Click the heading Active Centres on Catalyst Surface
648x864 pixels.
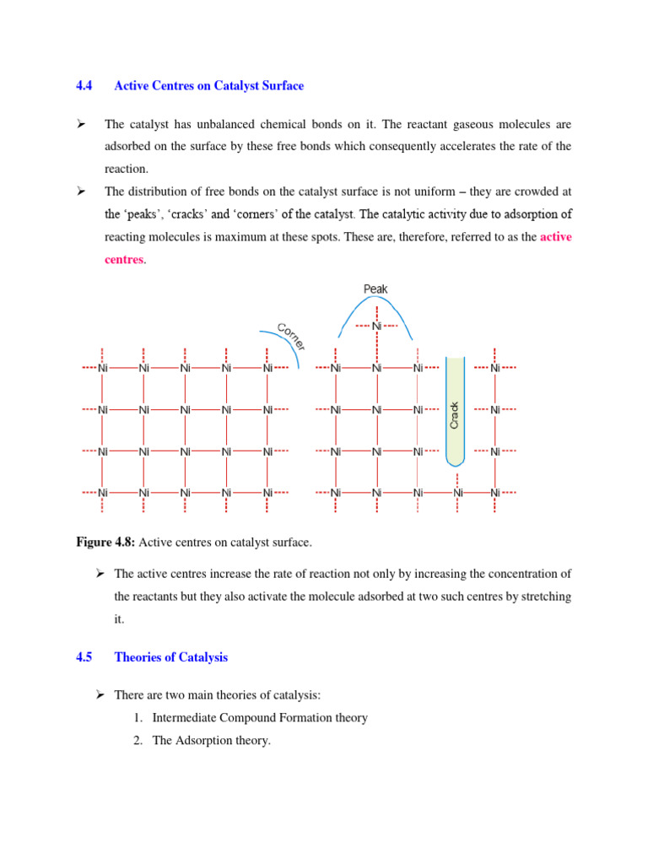208,86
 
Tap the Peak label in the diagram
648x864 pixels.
375,289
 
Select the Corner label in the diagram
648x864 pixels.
291,335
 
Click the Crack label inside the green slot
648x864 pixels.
455,413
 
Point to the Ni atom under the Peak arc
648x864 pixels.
376,326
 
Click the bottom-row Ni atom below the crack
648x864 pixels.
457,493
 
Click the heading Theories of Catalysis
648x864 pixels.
170,656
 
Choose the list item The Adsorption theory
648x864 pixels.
211,741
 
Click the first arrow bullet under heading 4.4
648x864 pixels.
83,125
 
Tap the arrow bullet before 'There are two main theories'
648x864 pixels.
100,694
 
